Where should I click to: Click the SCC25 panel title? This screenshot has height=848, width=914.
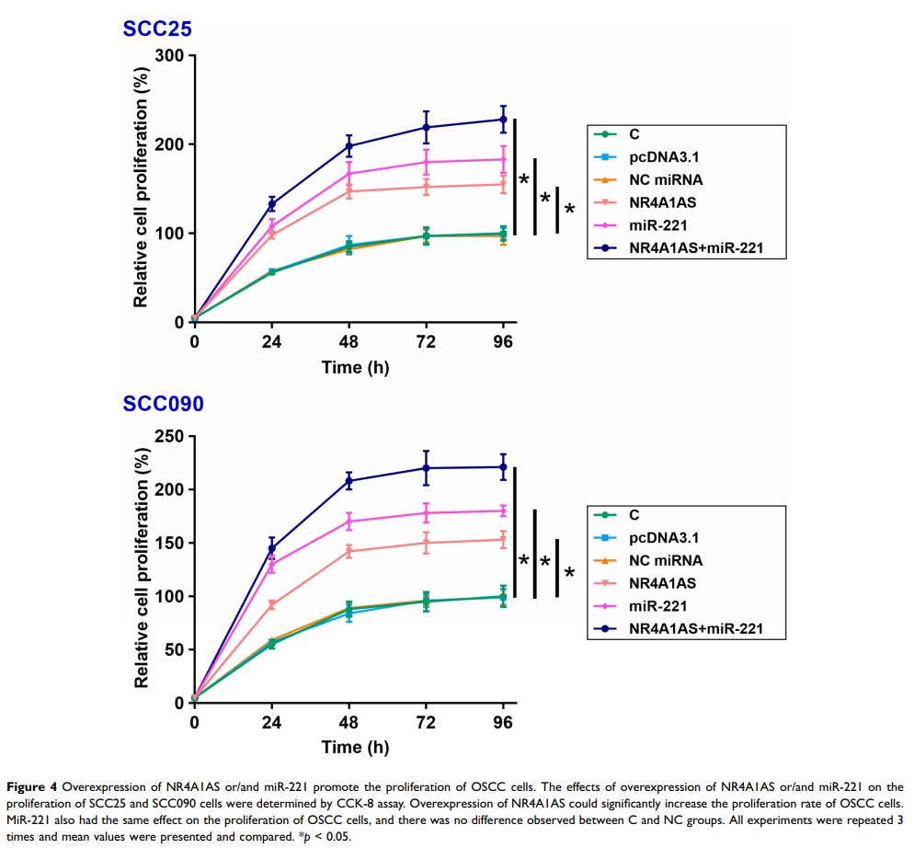[x=157, y=29]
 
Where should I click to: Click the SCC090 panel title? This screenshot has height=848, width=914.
[x=165, y=403]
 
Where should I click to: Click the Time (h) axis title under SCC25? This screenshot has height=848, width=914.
[x=355, y=368]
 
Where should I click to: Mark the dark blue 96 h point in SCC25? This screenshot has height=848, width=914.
[x=503, y=120]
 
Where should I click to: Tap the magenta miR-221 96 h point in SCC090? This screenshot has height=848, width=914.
[x=503, y=510]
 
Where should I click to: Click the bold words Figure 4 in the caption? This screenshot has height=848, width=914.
[x=36, y=787]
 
